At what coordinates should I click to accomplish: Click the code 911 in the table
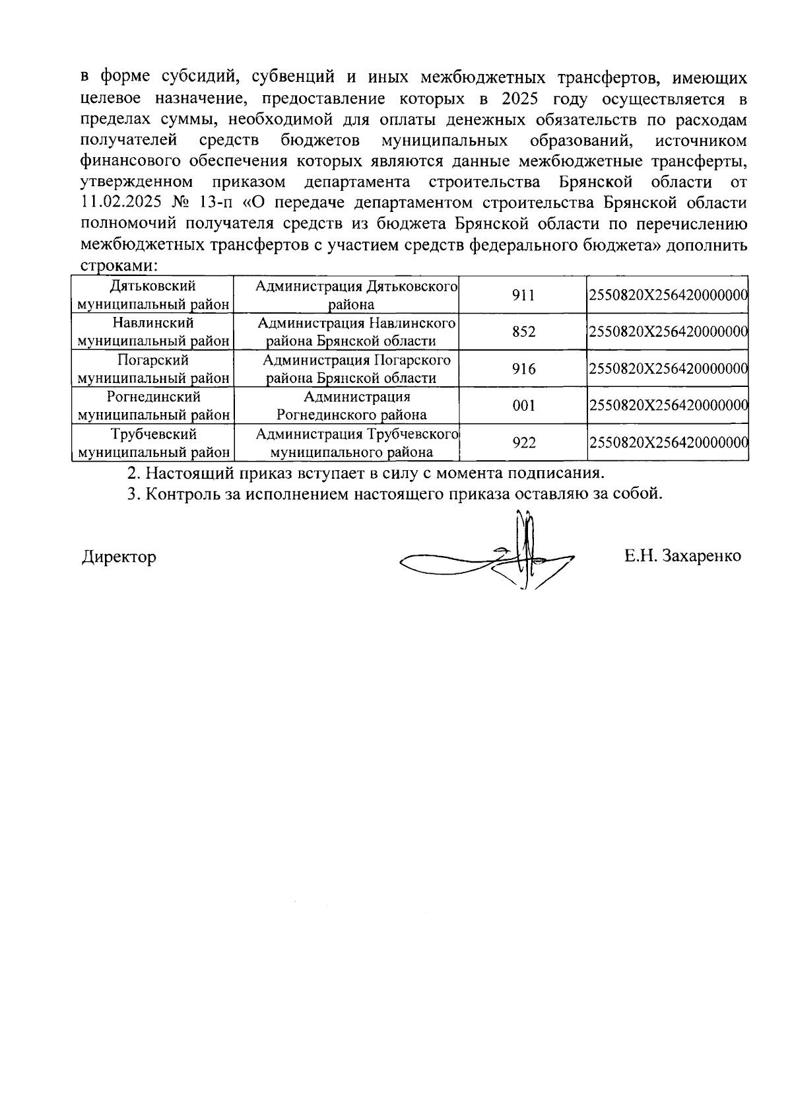point(523,295)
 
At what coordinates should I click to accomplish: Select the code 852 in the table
point(523,332)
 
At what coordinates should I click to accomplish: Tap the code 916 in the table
point(523,369)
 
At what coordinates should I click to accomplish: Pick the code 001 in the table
point(523,406)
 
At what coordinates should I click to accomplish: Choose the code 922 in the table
point(523,443)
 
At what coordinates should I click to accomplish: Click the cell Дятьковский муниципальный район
point(152,295)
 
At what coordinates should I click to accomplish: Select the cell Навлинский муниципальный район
point(152,332)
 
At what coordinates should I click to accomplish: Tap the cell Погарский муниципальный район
point(152,369)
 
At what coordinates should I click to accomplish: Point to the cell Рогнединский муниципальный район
point(152,406)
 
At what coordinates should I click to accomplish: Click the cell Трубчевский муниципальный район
point(152,443)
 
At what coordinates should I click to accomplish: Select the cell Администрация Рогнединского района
point(356,406)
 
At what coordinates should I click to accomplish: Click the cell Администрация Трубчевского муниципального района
point(356,443)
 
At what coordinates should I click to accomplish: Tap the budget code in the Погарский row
point(667,369)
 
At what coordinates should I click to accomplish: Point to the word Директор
point(119,557)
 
